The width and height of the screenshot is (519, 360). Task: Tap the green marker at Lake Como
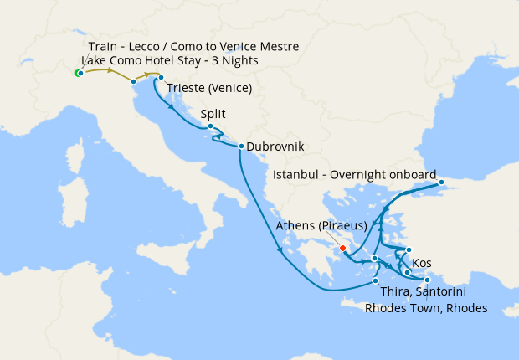(78, 74)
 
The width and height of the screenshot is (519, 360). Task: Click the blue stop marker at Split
(210, 127)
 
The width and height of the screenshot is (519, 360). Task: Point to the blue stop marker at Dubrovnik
(241, 147)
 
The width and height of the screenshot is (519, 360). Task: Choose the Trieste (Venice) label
(209, 89)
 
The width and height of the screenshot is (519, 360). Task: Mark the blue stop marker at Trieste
(161, 78)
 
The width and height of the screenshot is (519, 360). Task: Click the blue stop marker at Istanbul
(442, 182)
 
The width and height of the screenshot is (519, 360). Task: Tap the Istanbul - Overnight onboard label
(355, 175)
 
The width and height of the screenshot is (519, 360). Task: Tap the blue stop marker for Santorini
(376, 280)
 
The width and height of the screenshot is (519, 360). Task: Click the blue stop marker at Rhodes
(427, 280)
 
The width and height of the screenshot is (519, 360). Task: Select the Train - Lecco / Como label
(193, 46)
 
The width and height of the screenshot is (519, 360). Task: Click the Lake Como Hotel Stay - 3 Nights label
(170, 61)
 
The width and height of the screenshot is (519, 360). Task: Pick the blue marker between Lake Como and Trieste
(133, 81)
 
